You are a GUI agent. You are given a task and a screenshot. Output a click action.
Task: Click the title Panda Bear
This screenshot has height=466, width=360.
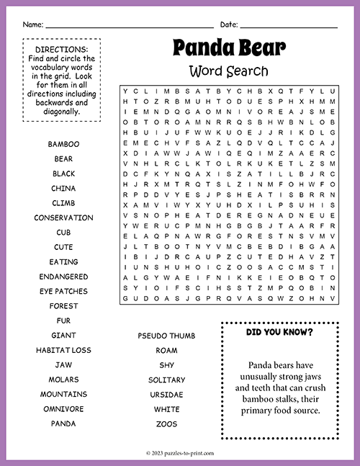(x=229, y=48)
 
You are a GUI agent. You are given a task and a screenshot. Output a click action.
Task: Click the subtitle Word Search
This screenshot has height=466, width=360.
(x=229, y=71)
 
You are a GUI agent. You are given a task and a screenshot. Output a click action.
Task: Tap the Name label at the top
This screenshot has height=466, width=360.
(x=33, y=24)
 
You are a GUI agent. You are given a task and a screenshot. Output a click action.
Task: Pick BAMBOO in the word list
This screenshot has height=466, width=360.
(x=63, y=144)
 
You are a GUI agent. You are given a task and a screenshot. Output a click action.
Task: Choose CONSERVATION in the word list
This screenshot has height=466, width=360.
(x=63, y=218)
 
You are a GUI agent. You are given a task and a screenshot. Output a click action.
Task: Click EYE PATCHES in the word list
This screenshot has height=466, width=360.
(x=63, y=291)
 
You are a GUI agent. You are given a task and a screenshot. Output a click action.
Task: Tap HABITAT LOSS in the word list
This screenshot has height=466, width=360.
(x=63, y=350)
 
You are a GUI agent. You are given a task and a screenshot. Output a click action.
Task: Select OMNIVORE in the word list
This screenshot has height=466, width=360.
(x=63, y=409)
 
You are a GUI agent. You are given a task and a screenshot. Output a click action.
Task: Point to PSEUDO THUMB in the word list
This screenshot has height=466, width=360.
(x=166, y=336)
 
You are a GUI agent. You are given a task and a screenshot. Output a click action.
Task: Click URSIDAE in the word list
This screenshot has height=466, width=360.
(x=166, y=395)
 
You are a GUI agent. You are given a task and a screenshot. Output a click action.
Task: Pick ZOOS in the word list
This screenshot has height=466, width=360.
(x=166, y=424)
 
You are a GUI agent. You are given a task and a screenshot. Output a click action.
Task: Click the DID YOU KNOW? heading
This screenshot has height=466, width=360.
(x=279, y=332)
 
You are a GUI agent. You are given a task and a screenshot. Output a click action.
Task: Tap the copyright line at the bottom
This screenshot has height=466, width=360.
(x=180, y=453)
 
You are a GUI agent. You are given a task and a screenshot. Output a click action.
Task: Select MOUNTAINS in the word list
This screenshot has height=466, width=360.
(x=63, y=394)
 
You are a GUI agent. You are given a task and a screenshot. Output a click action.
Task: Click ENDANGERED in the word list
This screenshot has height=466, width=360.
(x=63, y=277)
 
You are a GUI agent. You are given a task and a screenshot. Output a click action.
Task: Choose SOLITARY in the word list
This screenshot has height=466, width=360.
(x=166, y=380)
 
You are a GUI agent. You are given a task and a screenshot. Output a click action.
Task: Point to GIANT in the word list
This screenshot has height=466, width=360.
(x=63, y=336)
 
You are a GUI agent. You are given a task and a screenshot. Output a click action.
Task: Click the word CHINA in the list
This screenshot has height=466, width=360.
(x=63, y=188)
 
